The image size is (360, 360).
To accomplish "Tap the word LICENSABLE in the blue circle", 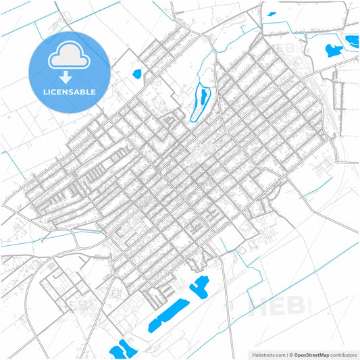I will [x=70, y=92].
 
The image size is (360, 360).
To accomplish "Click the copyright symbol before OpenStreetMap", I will [x=290, y=354].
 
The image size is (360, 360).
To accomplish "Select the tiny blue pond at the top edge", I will [x=272, y=14].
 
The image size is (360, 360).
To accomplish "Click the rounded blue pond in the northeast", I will [x=332, y=50].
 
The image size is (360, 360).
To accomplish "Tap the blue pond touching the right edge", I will [x=353, y=42].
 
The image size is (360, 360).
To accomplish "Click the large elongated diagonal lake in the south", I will [x=168, y=315].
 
